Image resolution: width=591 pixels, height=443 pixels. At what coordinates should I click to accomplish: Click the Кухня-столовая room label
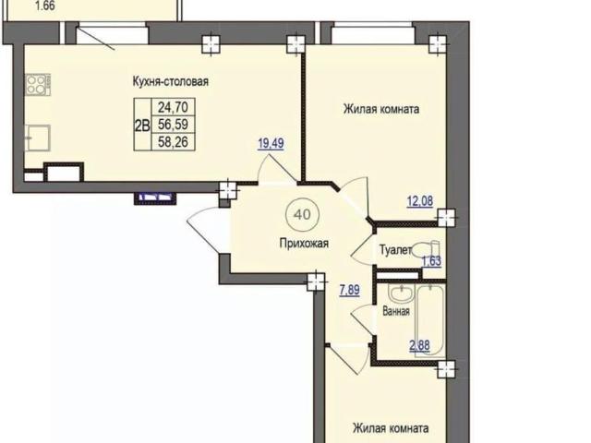click(x=170, y=81)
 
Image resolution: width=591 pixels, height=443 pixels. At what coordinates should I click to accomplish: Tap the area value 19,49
click(x=271, y=143)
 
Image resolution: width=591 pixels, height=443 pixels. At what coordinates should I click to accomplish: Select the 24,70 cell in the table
click(x=173, y=107)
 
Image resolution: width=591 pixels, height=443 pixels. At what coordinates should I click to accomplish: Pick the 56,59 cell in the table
click(x=173, y=124)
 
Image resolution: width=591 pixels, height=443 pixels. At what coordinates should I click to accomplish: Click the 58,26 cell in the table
click(x=173, y=142)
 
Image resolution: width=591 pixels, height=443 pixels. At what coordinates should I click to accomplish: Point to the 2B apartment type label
click(x=142, y=126)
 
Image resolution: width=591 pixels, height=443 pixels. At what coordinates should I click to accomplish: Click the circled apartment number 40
click(x=303, y=215)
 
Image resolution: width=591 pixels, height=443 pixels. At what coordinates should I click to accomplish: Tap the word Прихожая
click(x=304, y=244)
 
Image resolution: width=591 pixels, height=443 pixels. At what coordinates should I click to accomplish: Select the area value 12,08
click(x=420, y=201)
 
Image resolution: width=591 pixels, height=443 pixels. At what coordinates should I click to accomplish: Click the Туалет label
click(x=395, y=250)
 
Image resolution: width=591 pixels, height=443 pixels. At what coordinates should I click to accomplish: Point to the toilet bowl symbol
click(x=427, y=250)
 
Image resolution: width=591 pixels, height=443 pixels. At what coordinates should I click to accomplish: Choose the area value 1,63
click(x=431, y=261)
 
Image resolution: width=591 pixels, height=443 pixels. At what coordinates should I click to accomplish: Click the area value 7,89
click(x=349, y=290)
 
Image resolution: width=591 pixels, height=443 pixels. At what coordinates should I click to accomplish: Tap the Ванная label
click(x=396, y=312)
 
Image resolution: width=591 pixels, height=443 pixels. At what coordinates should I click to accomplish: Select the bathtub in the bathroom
click(x=430, y=320)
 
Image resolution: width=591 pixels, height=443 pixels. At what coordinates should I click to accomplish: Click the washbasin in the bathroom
click(x=402, y=293)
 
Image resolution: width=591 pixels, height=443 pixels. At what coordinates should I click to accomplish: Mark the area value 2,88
click(x=419, y=345)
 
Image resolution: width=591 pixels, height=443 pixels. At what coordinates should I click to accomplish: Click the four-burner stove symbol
click(x=38, y=84)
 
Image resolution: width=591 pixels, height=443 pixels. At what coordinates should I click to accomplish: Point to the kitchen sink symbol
click(x=37, y=138)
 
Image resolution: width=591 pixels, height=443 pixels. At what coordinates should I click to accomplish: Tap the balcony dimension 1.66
click(x=44, y=6)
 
